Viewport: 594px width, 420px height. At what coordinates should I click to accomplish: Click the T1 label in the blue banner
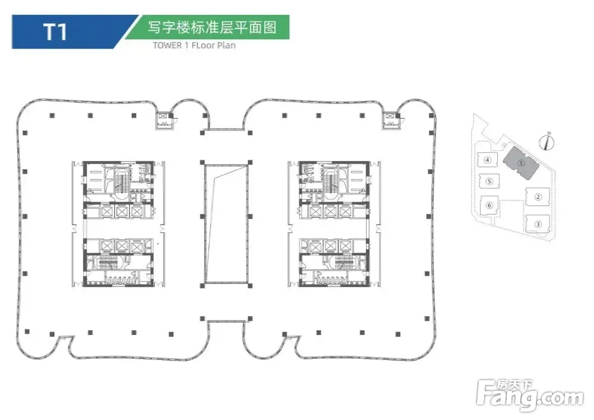coord(55,31)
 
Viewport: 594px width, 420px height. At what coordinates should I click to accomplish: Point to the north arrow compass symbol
coord(548,141)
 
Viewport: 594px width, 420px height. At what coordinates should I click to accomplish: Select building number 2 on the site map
coord(537,197)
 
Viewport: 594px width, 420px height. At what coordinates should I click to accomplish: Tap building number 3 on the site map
coord(537,224)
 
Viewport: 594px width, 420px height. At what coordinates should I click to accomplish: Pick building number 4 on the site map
coord(487,160)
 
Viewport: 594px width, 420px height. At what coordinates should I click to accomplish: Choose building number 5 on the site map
coord(488,182)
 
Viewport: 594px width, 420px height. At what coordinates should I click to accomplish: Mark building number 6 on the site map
coord(489,205)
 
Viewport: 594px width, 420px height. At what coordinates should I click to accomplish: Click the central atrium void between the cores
coord(224,224)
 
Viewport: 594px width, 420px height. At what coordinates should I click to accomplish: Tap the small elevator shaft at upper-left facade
coord(162,118)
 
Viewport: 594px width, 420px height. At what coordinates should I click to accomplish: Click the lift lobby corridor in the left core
coord(116,228)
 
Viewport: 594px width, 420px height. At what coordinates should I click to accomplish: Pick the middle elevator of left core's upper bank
coord(122,211)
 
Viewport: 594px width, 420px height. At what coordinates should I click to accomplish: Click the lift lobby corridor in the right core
coord(334,228)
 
